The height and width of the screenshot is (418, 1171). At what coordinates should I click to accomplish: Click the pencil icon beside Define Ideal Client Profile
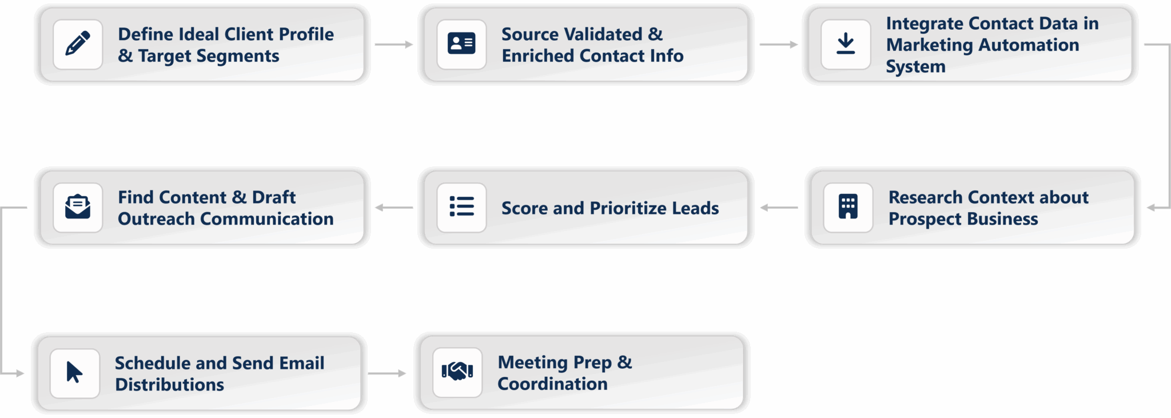coord(78,44)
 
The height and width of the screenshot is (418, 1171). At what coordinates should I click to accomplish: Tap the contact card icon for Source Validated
coord(461,44)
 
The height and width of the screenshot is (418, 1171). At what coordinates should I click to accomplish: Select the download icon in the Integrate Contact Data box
coord(846,44)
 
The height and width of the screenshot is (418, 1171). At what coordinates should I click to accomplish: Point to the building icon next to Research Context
coord(848,207)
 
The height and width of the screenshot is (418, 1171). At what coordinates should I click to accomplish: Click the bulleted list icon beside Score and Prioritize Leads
coord(461,207)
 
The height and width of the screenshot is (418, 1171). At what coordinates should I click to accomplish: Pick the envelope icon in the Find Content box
coord(78,207)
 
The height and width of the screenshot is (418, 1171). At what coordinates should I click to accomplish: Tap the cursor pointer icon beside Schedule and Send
coord(75,373)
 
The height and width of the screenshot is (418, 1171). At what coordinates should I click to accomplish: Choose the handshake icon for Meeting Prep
coord(457,372)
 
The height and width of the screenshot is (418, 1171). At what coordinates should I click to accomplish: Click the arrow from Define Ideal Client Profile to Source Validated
coord(393,45)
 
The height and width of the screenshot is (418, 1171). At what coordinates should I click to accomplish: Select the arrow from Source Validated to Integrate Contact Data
coord(778,45)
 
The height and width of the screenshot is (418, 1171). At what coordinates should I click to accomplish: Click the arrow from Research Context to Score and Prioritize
coord(779,208)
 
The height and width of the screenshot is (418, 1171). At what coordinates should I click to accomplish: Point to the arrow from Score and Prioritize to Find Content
coord(394,208)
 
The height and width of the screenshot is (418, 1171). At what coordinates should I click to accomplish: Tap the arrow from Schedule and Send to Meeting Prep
coord(387,373)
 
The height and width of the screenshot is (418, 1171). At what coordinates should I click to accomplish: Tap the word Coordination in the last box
coord(552,384)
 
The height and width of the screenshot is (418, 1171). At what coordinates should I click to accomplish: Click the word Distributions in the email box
coord(169,385)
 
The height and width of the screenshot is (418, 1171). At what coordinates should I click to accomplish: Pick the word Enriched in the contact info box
coord(538,56)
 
